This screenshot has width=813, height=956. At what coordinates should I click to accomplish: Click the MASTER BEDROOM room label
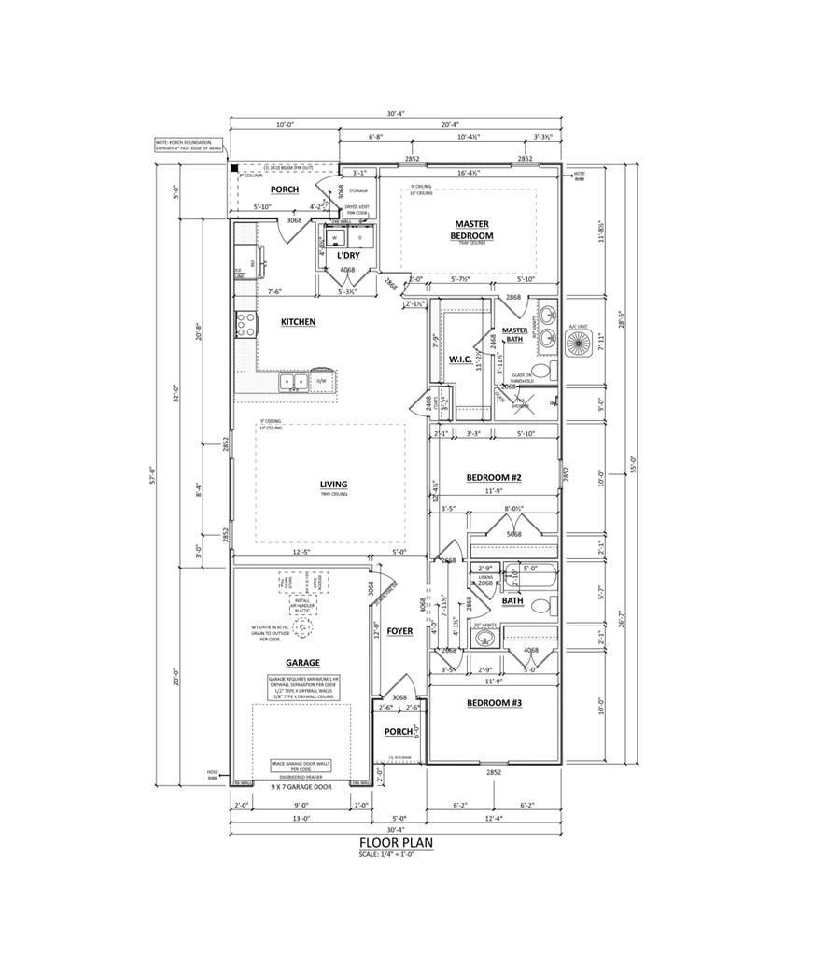[473, 230]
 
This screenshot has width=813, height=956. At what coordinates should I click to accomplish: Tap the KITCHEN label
[298, 322]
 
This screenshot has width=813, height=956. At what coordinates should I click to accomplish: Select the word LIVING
[333, 485]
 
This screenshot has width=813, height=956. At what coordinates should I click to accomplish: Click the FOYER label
[399, 631]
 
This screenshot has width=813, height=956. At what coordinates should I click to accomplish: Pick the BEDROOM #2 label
[494, 477]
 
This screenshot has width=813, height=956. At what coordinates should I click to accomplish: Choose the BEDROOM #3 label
[494, 702]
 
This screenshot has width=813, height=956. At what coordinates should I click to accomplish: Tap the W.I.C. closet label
[461, 359]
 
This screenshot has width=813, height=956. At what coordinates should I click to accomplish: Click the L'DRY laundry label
[348, 255]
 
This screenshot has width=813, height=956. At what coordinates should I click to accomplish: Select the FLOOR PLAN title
[396, 842]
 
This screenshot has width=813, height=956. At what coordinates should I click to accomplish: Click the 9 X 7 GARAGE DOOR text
[302, 788]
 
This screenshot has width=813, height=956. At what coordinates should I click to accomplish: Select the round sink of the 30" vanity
[482, 640]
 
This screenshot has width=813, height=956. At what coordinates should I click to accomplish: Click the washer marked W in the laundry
[334, 239]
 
